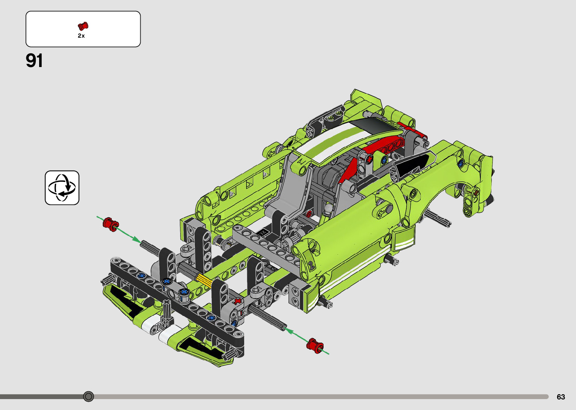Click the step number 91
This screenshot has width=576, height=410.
[x=34, y=61]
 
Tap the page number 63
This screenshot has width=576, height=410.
[x=561, y=396]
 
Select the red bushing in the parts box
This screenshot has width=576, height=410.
[x=83, y=26]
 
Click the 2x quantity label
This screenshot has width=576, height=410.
[x=81, y=36]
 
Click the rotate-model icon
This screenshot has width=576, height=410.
[x=62, y=187]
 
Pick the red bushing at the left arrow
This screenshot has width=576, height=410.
[x=111, y=224]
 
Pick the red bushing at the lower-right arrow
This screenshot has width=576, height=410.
[x=315, y=345]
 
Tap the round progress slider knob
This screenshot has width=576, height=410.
[x=88, y=396]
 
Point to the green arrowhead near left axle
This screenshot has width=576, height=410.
[x=136, y=239]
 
